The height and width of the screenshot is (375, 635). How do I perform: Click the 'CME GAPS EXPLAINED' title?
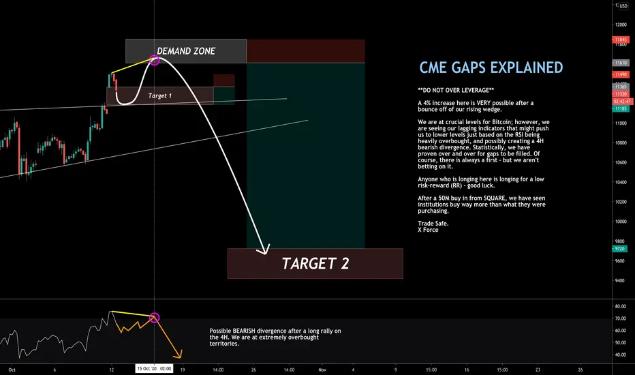pos(491,67)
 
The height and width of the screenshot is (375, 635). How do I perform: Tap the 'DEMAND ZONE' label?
pos(186,51)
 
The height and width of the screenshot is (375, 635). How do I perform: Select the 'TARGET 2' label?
pos(315,263)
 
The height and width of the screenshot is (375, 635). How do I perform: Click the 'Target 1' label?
pos(159,95)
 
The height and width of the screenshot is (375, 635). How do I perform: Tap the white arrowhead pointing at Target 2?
pos(264,250)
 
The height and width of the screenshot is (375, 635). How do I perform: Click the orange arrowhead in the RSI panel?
pos(179,355)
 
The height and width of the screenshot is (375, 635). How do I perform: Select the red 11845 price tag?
pos(621,40)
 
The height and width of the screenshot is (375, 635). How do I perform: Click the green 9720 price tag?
pos(619,248)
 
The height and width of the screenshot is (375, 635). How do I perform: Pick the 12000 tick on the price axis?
pos(621,25)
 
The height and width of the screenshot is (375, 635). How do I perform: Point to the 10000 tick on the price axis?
pos(621,222)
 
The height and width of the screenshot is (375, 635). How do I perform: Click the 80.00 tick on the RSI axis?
pos(621,307)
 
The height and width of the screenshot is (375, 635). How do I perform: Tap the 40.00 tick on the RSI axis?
pos(621,355)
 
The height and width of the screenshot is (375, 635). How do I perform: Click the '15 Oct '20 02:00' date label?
pos(154,368)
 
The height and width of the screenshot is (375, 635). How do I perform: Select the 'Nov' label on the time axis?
pos(322,370)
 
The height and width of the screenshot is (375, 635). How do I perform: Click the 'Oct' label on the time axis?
pos(12,370)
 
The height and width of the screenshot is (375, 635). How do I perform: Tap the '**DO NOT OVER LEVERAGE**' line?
pos(456,91)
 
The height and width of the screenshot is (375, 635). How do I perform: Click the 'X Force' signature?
pos(428,230)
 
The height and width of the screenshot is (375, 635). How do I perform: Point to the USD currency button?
pos(623,6)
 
